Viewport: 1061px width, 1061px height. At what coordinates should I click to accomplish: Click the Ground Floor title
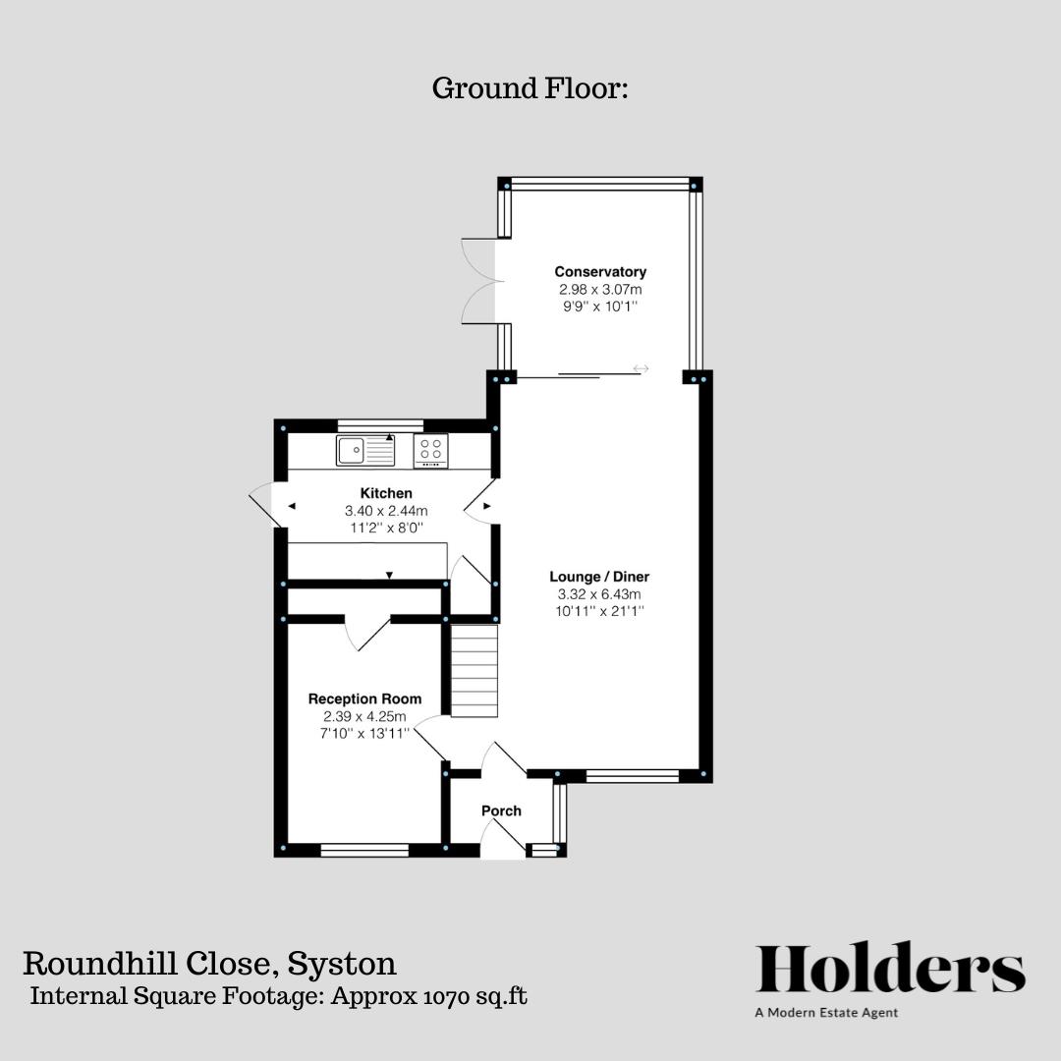pyautogui.click(x=530, y=88)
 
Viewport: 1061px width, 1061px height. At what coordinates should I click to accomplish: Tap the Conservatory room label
pyautogui.click(x=599, y=272)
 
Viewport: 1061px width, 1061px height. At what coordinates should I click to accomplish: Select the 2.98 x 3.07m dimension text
pyautogui.click(x=599, y=290)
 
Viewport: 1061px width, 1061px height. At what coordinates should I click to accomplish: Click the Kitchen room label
pyautogui.click(x=386, y=493)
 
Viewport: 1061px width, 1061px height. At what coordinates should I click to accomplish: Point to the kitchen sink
pyautogui.click(x=365, y=451)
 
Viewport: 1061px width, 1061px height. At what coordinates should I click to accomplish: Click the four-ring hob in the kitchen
pyautogui.click(x=430, y=450)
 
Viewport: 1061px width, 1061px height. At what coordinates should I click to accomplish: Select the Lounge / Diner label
pyautogui.click(x=599, y=577)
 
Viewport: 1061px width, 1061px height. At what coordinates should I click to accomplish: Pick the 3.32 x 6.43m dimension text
pyautogui.click(x=599, y=594)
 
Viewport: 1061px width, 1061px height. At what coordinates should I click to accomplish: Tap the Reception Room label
pyautogui.click(x=364, y=698)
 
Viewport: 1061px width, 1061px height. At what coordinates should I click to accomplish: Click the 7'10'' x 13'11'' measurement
pyautogui.click(x=364, y=733)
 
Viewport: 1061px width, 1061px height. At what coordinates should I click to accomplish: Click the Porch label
pyautogui.click(x=501, y=810)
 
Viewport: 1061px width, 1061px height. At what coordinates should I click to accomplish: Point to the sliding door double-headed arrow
pyautogui.click(x=641, y=368)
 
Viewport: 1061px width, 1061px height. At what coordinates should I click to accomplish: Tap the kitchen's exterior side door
pyautogui.click(x=263, y=505)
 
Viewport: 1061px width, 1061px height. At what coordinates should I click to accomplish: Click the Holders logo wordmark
pyautogui.click(x=890, y=970)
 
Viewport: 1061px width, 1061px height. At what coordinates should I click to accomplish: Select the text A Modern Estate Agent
pyautogui.click(x=826, y=1013)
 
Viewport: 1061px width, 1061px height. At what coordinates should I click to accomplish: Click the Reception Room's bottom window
pyautogui.click(x=364, y=850)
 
